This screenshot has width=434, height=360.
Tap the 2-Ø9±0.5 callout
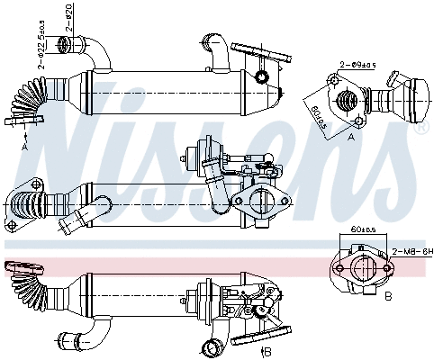[356, 64]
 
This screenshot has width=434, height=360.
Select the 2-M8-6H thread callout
[410, 254]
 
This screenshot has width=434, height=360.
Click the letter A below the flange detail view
[351, 139]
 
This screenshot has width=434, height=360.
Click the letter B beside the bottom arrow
[268, 351]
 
